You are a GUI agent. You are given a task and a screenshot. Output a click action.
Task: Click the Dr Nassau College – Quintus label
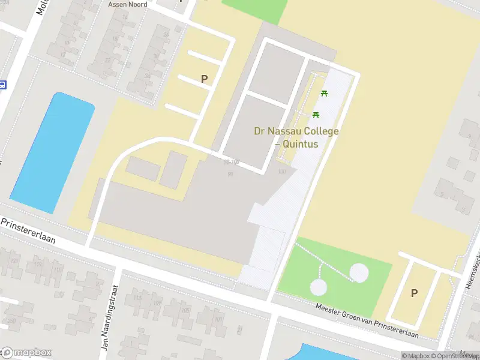[x=296, y=137]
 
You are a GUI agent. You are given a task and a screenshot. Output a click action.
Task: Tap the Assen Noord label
[x=128, y=4]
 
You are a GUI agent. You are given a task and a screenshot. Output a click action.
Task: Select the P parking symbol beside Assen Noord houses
[x=204, y=79]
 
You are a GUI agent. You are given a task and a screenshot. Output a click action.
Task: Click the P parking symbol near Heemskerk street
[x=413, y=293]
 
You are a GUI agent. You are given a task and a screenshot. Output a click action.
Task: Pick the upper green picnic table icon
[x=325, y=93]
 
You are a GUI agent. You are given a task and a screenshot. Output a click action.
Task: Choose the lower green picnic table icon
[x=316, y=115]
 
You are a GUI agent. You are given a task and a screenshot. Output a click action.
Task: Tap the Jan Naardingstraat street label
[x=108, y=317]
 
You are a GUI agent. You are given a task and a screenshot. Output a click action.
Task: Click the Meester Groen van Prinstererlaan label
[x=367, y=323]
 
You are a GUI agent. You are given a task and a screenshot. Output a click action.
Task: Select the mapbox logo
[x=26, y=352]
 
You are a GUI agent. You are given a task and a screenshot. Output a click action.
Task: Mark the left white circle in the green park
[x=319, y=287]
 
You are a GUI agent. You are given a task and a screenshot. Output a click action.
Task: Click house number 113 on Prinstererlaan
[x=40, y=264]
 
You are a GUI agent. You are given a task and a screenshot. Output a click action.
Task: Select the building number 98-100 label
[x=231, y=162]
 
